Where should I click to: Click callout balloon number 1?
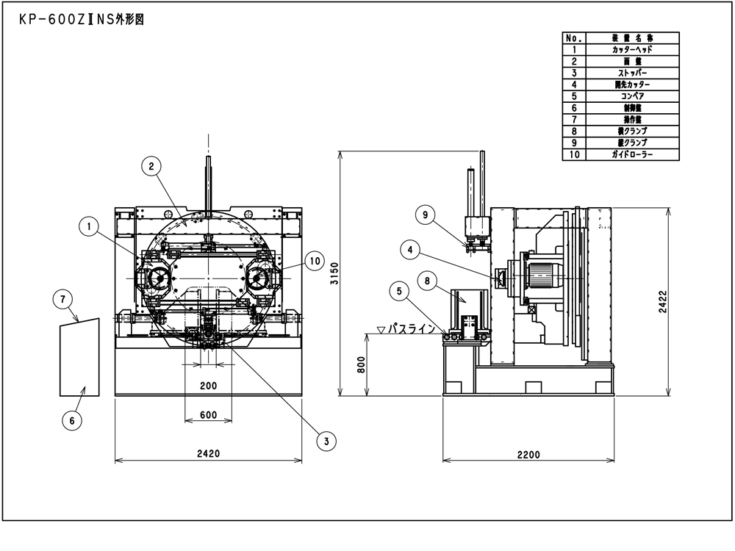[x=89, y=228]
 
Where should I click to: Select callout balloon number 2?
[x=151, y=167]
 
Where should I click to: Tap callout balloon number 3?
[x=326, y=440]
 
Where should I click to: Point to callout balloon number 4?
[x=411, y=251]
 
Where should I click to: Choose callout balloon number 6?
[x=71, y=420]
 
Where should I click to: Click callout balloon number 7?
[x=65, y=299]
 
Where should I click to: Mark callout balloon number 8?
[x=428, y=280]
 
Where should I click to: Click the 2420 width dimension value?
[x=208, y=454]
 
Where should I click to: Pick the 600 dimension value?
[x=208, y=415]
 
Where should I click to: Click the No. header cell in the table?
[x=573, y=37]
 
